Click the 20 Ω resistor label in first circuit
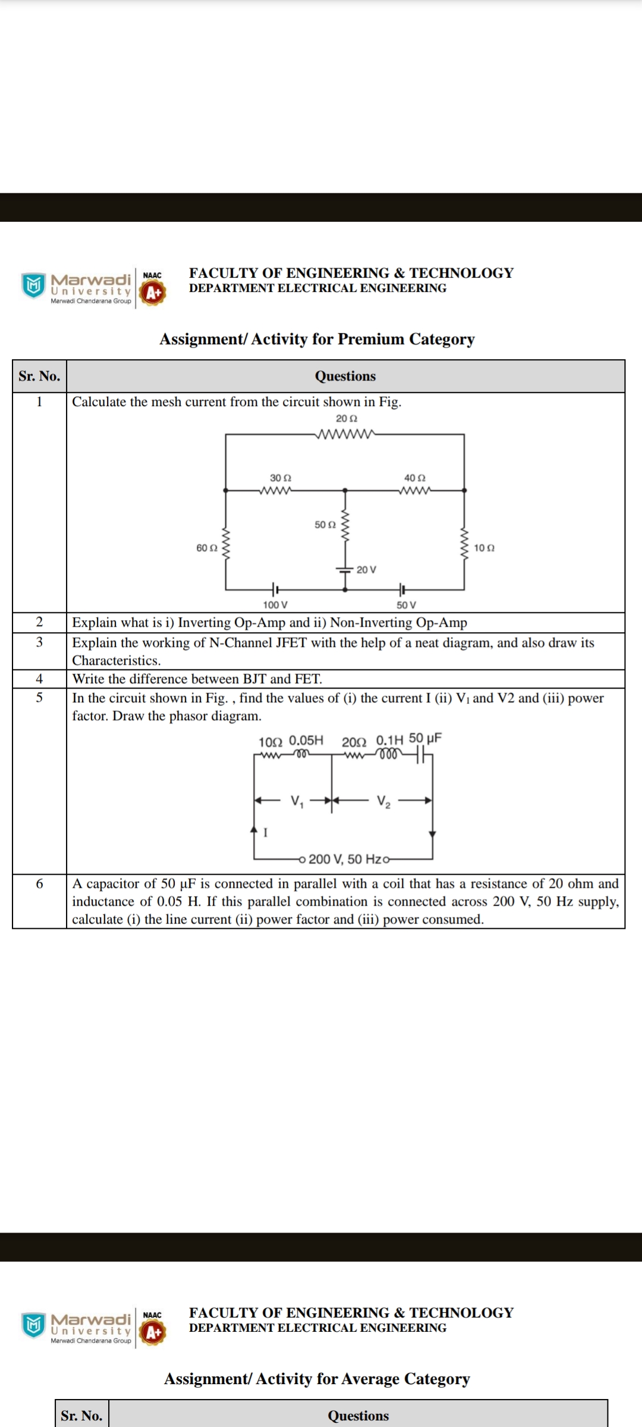[x=347, y=419]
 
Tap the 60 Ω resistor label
[x=206, y=548]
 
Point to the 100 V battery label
[x=275, y=605]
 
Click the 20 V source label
[x=366, y=570]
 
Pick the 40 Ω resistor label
[x=415, y=478]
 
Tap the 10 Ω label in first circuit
[x=484, y=548]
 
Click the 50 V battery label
[x=407, y=605]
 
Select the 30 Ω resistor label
[x=281, y=478]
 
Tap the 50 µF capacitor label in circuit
[x=425, y=738]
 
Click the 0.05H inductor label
[x=306, y=740]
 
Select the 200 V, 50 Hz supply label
[x=345, y=859]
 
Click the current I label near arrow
[x=266, y=832]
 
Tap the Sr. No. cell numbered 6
[x=39, y=884]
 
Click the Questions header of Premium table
[x=345, y=376]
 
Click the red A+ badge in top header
[x=153, y=293]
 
